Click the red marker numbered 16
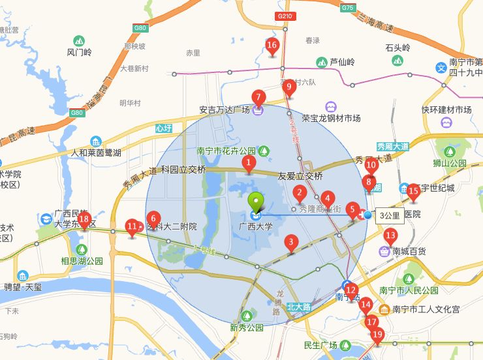272,46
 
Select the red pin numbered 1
248,163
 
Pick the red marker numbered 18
84,220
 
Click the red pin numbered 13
391,236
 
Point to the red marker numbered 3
291,243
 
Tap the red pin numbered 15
413,192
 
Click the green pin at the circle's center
256,202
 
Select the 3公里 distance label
390,215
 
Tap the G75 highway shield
348,8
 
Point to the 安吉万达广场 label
225,110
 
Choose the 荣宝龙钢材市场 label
331,118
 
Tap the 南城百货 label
409,250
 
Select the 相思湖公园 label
82,261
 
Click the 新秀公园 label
246,328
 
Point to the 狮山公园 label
450,163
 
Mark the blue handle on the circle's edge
367,215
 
